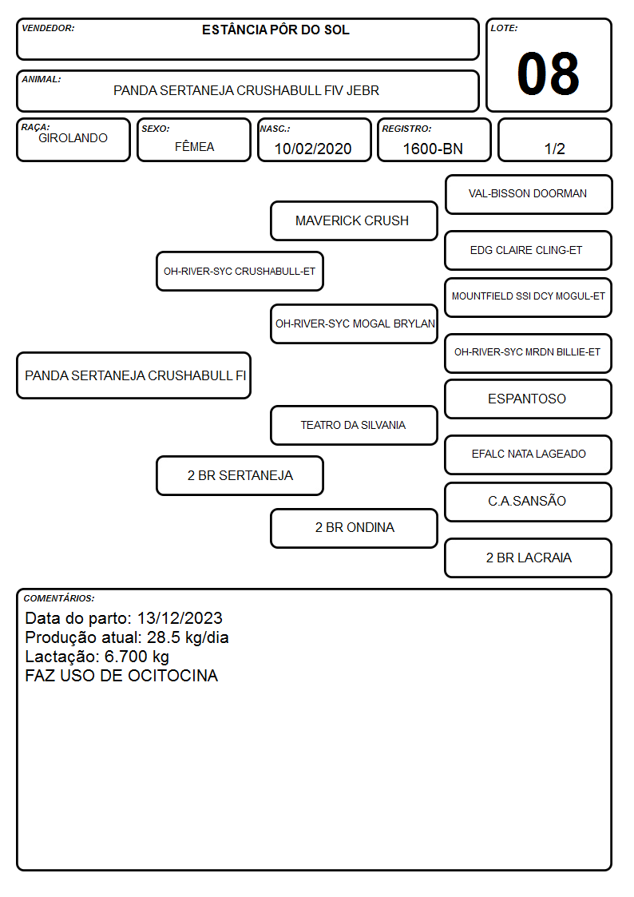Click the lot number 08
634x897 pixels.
click(548, 73)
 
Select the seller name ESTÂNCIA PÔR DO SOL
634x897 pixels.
click(275, 30)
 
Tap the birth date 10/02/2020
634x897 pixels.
click(313, 149)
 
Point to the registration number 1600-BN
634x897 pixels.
click(433, 149)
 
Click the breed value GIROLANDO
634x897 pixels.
click(73, 138)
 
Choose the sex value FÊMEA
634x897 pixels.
click(194, 146)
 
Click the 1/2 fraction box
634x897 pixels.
click(554, 140)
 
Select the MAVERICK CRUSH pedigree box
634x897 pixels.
click(354, 220)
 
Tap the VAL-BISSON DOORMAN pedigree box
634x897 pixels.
click(529, 195)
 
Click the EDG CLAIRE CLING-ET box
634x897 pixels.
click(529, 251)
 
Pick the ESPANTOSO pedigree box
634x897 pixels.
click(529, 399)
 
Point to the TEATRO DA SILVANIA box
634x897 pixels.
click(354, 426)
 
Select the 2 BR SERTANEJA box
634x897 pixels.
click(240, 476)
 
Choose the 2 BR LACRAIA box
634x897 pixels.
click(529, 558)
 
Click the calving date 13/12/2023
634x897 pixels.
click(180, 618)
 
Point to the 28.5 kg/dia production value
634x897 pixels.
click(188, 638)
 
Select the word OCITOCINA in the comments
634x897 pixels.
click(172, 676)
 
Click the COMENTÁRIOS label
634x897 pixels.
click(59, 598)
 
